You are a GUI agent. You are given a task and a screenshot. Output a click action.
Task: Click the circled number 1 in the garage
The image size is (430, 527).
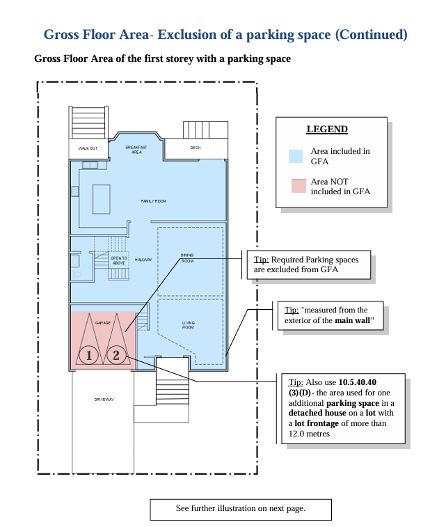(89, 355)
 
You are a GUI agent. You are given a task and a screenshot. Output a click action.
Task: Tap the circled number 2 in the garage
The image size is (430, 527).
(116, 355)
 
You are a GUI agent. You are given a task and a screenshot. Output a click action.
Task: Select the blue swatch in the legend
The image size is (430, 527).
(296, 156)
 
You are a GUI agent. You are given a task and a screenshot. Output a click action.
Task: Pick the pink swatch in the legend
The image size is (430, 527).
(298, 186)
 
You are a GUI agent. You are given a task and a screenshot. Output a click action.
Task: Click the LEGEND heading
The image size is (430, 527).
(327, 129)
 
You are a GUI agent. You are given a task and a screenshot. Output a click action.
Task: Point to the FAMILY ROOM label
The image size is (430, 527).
(154, 201)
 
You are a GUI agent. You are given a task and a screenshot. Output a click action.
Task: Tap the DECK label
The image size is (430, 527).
(196, 148)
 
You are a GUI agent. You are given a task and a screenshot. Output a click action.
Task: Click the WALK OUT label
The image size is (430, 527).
(88, 148)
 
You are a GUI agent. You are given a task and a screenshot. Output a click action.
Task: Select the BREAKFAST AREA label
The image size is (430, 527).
(136, 150)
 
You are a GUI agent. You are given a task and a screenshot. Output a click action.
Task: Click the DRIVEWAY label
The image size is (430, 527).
(104, 400)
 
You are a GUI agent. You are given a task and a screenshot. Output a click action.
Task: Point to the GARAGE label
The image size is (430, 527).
(103, 322)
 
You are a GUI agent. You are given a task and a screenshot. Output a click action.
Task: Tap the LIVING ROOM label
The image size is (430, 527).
(188, 325)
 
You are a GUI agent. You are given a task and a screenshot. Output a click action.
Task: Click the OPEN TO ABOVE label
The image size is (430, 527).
(119, 260)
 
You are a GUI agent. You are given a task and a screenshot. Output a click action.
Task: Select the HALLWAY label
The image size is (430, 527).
(143, 260)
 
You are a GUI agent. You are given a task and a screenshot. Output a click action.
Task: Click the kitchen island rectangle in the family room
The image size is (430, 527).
(102, 199)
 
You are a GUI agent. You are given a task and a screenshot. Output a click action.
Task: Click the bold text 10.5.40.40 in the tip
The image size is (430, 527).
(358, 382)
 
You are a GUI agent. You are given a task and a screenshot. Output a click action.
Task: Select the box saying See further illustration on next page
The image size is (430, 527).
(241, 510)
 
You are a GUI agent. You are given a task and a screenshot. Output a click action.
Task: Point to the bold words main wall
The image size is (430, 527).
(353, 320)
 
